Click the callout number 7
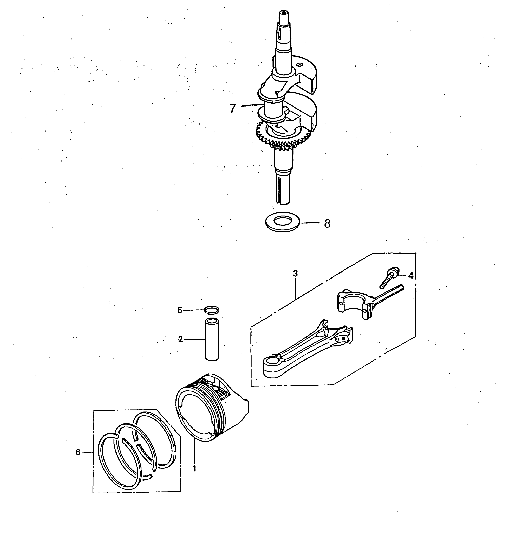pyautogui.click(x=233, y=108)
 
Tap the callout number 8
pyautogui.click(x=327, y=223)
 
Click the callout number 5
pyautogui.click(x=180, y=310)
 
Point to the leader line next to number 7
pyautogui.click(x=251, y=105)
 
